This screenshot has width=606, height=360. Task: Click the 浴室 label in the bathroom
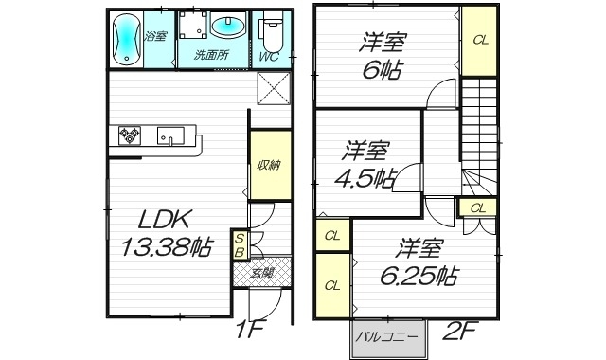(x=155, y=36)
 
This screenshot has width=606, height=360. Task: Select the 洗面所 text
(x=211, y=55)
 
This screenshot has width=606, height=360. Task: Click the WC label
(x=269, y=56)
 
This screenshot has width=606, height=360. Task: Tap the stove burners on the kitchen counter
(x=129, y=136)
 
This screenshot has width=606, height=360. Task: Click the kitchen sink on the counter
(x=168, y=135)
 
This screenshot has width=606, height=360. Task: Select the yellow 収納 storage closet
(x=267, y=165)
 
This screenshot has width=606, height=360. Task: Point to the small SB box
(x=241, y=245)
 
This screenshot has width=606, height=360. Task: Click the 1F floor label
(x=250, y=332)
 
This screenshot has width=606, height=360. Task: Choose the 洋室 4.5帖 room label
(x=367, y=163)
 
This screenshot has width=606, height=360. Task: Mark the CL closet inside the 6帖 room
(x=480, y=40)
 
